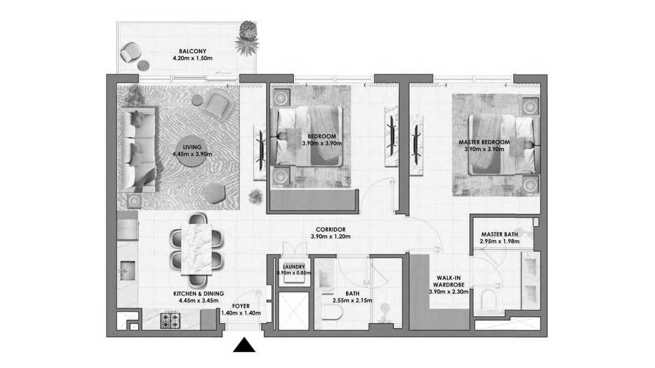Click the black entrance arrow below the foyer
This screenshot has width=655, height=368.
[x=244, y=345]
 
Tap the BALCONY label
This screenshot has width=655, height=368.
[x=193, y=51]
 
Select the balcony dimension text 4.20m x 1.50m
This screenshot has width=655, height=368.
[x=193, y=58]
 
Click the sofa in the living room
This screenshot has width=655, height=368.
[x=137, y=149]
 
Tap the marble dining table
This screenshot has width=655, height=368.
[x=196, y=249]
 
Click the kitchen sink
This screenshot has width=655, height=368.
[x=127, y=271]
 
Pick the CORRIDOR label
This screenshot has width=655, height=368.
[x=331, y=230]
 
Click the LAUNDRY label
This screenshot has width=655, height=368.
[x=294, y=267]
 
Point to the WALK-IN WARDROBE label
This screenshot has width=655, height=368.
[x=449, y=281]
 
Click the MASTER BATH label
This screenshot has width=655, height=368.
[x=499, y=234]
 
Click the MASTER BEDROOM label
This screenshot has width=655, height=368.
[x=484, y=142]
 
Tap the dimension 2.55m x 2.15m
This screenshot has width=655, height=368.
[x=352, y=301]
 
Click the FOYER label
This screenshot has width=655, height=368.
[x=241, y=306]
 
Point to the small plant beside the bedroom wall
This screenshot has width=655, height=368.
[x=256, y=197]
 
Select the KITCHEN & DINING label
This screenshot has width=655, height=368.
[x=199, y=293]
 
